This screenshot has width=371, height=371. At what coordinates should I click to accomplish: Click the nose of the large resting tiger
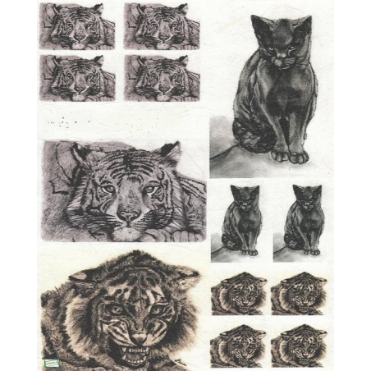[x=127, y=213]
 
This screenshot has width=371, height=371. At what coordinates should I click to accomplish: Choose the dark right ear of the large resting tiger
[x=170, y=153]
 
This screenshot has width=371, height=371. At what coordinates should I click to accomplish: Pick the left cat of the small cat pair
[x=241, y=221]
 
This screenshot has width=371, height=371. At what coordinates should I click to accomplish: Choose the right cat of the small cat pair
[x=305, y=221]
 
